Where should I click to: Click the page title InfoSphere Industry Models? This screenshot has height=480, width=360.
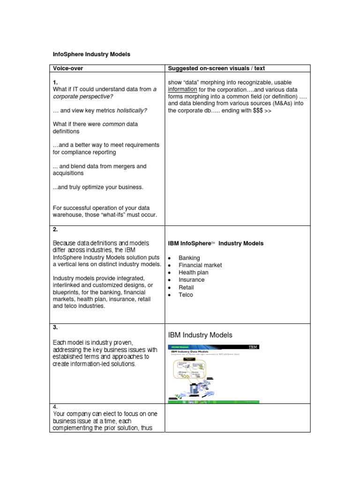point(91,54)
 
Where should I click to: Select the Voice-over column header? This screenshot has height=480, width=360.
point(69,68)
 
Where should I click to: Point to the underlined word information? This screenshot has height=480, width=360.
point(183,90)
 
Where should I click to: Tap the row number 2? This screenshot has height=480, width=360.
point(55,229)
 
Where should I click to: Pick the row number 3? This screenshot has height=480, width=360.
point(55,328)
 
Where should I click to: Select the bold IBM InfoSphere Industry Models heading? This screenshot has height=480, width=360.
point(216,243)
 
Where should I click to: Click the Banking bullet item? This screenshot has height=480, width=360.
point(189,258)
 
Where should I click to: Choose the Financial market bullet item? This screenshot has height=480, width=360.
point(200,265)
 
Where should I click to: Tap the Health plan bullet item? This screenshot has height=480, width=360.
point(193,272)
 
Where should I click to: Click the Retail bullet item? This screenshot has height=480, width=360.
point(186,287)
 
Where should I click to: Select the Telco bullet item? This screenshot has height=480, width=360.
point(186,295)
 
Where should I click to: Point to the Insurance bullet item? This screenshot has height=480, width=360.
point(191,280)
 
